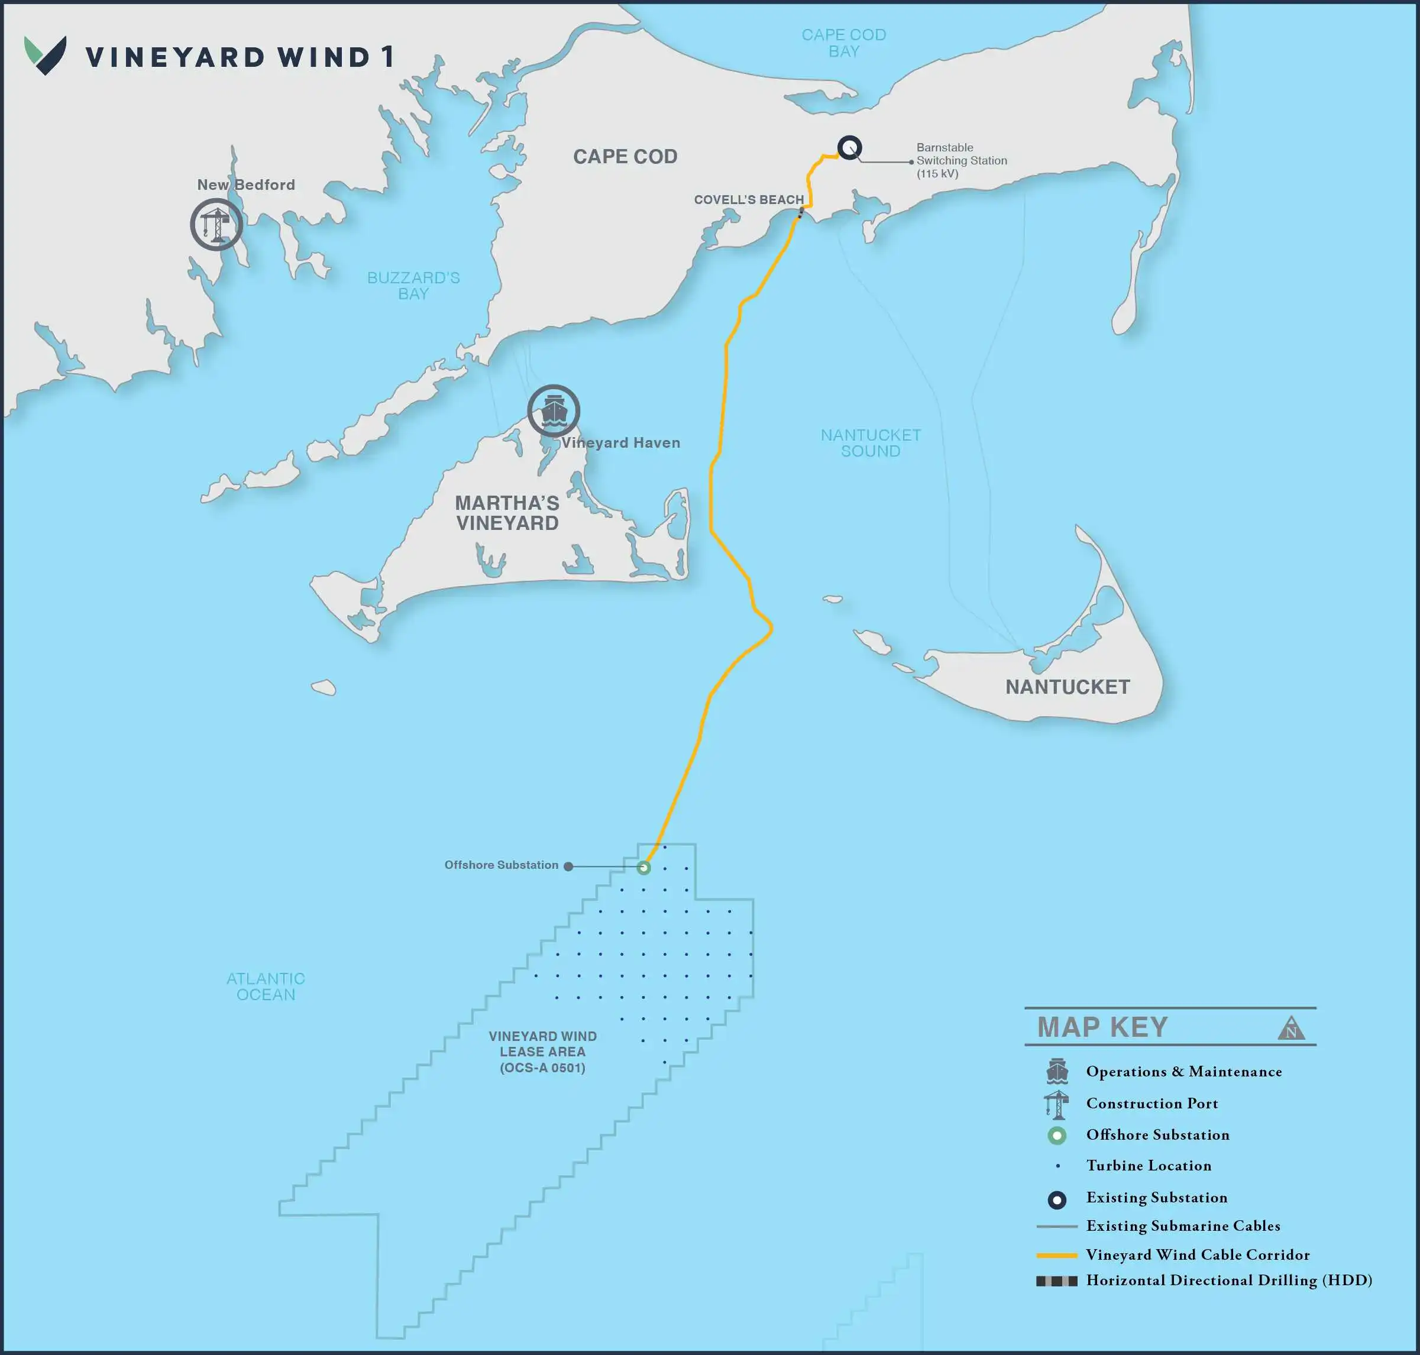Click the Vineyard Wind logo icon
tap(45, 55)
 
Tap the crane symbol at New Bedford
tap(216, 225)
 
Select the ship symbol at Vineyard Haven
tap(553, 411)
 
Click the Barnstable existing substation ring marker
tap(849, 147)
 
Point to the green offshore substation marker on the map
tap(643, 868)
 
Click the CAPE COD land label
tap(625, 157)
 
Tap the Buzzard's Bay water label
tap(413, 285)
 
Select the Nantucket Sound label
tap(871, 443)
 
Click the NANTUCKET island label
tap(1068, 687)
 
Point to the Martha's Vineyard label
tap(507, 513)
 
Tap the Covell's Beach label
tap(748, 200)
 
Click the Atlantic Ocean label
tap(266, 987)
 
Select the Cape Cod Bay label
tap(843, 43)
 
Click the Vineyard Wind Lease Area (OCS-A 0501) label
tap(542, 1052)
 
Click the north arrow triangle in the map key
tap(1290, 1029)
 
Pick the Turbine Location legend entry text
tap(1149, 1166)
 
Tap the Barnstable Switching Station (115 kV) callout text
tap(961, 160)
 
